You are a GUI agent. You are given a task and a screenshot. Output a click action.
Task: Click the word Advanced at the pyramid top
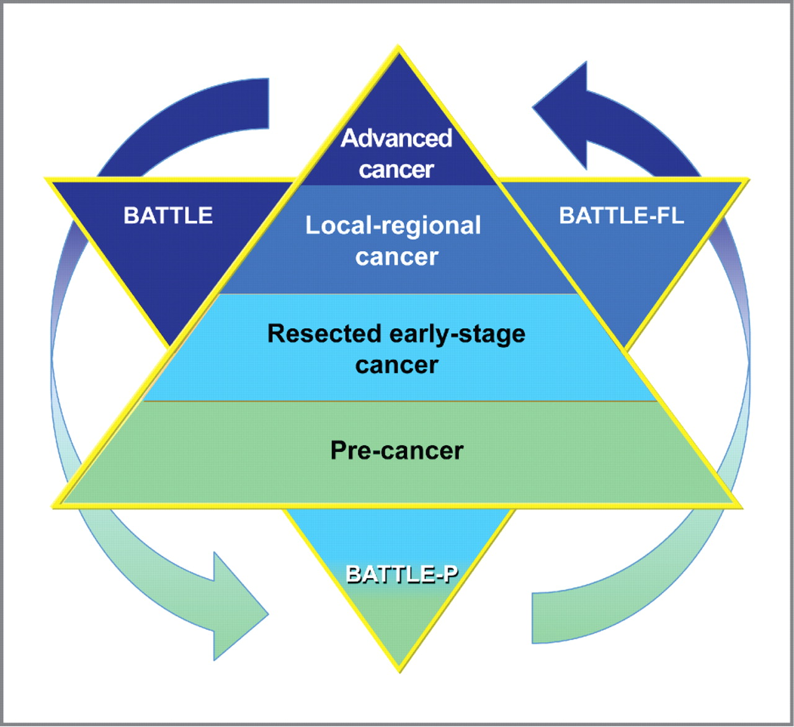point(396,138)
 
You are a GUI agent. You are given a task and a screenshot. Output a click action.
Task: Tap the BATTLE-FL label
point(622,216)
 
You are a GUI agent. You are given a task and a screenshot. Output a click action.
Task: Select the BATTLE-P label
point(402,574)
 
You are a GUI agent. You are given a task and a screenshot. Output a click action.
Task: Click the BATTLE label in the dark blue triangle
point(168,215)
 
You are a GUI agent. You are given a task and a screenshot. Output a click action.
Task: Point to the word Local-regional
point(393,226)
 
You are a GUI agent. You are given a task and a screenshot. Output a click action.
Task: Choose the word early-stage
point(458,334)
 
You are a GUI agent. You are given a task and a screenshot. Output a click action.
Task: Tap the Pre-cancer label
point(397,450)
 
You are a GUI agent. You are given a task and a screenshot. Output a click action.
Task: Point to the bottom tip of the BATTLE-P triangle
point(399,672)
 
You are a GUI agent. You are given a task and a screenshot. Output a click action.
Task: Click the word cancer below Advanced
point(396,169)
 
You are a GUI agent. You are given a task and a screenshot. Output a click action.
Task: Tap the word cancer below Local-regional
point(396,257)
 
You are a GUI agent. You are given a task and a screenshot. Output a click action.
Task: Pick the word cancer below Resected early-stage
point(396,365)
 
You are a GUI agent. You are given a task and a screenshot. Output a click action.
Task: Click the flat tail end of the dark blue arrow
point(269,104)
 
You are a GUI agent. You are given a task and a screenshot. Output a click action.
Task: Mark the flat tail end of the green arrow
point(532,618)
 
